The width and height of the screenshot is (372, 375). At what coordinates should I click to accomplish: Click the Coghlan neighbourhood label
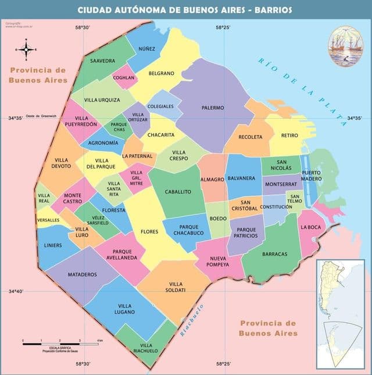[x=124, y=77]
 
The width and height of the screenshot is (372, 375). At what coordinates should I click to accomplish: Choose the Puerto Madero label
[x=311, y=176]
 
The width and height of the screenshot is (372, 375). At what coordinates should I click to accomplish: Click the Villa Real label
[x=44, y=198]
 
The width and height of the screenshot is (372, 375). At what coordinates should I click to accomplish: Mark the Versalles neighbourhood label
[x=48, y=220]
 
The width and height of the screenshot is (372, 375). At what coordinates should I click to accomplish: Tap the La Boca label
[x=310, y=227]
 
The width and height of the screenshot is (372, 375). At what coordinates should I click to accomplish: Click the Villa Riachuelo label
[x=145, y=348]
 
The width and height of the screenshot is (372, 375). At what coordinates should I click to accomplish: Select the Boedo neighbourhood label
[x=218, y=219]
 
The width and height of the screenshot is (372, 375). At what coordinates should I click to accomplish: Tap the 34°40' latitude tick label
[x=16, y=291]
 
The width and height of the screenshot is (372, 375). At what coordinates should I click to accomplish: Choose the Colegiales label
[x=160, y=106]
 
